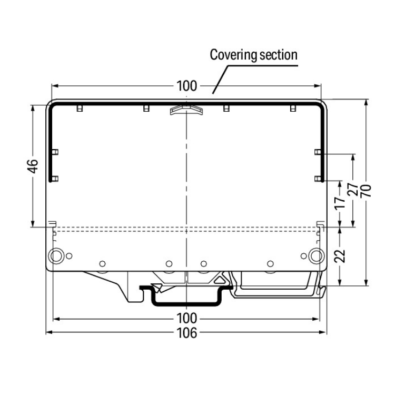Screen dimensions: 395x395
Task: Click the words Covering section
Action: click(253, 55)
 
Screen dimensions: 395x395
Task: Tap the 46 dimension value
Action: click(33, 166)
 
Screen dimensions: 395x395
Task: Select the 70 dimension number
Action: click(366, 191)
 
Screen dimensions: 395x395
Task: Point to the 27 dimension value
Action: click(353, 190)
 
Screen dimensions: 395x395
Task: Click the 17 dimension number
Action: click(340, 202)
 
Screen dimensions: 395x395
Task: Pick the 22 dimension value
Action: click(340, 256)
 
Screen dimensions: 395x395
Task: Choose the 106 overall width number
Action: click(186, 333)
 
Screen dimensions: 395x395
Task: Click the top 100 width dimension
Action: click(186, 86)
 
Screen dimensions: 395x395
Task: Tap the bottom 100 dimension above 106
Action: click(186, 318)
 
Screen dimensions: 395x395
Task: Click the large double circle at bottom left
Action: click(56, 256)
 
